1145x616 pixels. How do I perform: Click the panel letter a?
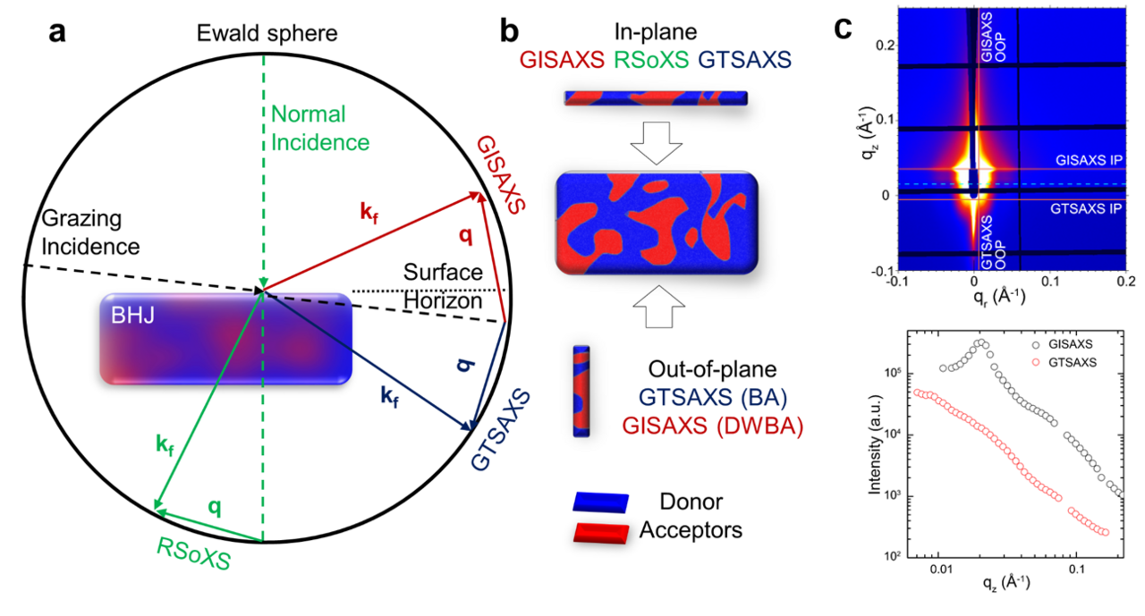point(57,33)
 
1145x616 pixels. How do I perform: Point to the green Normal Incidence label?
point(319,129)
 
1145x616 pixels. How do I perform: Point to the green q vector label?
point(214,506)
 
